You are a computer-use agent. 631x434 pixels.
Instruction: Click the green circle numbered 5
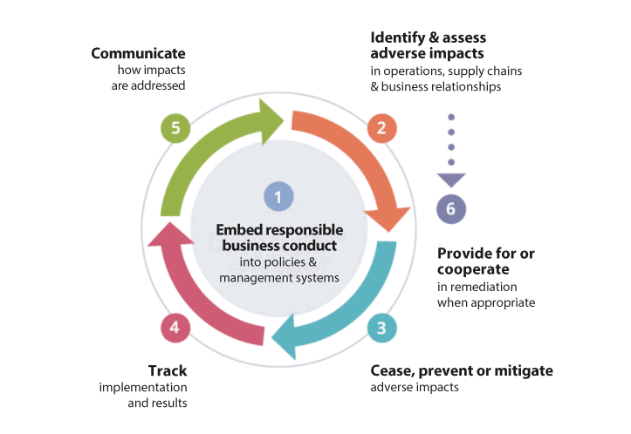tap(175, 129)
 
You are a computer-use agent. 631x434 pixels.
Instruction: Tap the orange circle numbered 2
tap(381, 129)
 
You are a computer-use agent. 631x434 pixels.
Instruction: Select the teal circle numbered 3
tap(381, 328)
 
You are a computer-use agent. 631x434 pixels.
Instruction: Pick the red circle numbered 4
tap(175, 328)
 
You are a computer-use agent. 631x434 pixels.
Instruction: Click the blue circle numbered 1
tap(278, 197)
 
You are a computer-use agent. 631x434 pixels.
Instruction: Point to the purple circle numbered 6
tap(450, 208)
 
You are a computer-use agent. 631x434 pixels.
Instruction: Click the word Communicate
tap(139, 53)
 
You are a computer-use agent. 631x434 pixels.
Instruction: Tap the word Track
tap(168, 370)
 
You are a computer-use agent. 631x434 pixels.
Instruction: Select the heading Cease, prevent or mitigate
tap(462, 370)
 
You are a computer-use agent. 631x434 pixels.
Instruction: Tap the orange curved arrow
tap(358, 157)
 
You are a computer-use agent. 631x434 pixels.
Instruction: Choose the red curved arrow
tap(201, 288)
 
